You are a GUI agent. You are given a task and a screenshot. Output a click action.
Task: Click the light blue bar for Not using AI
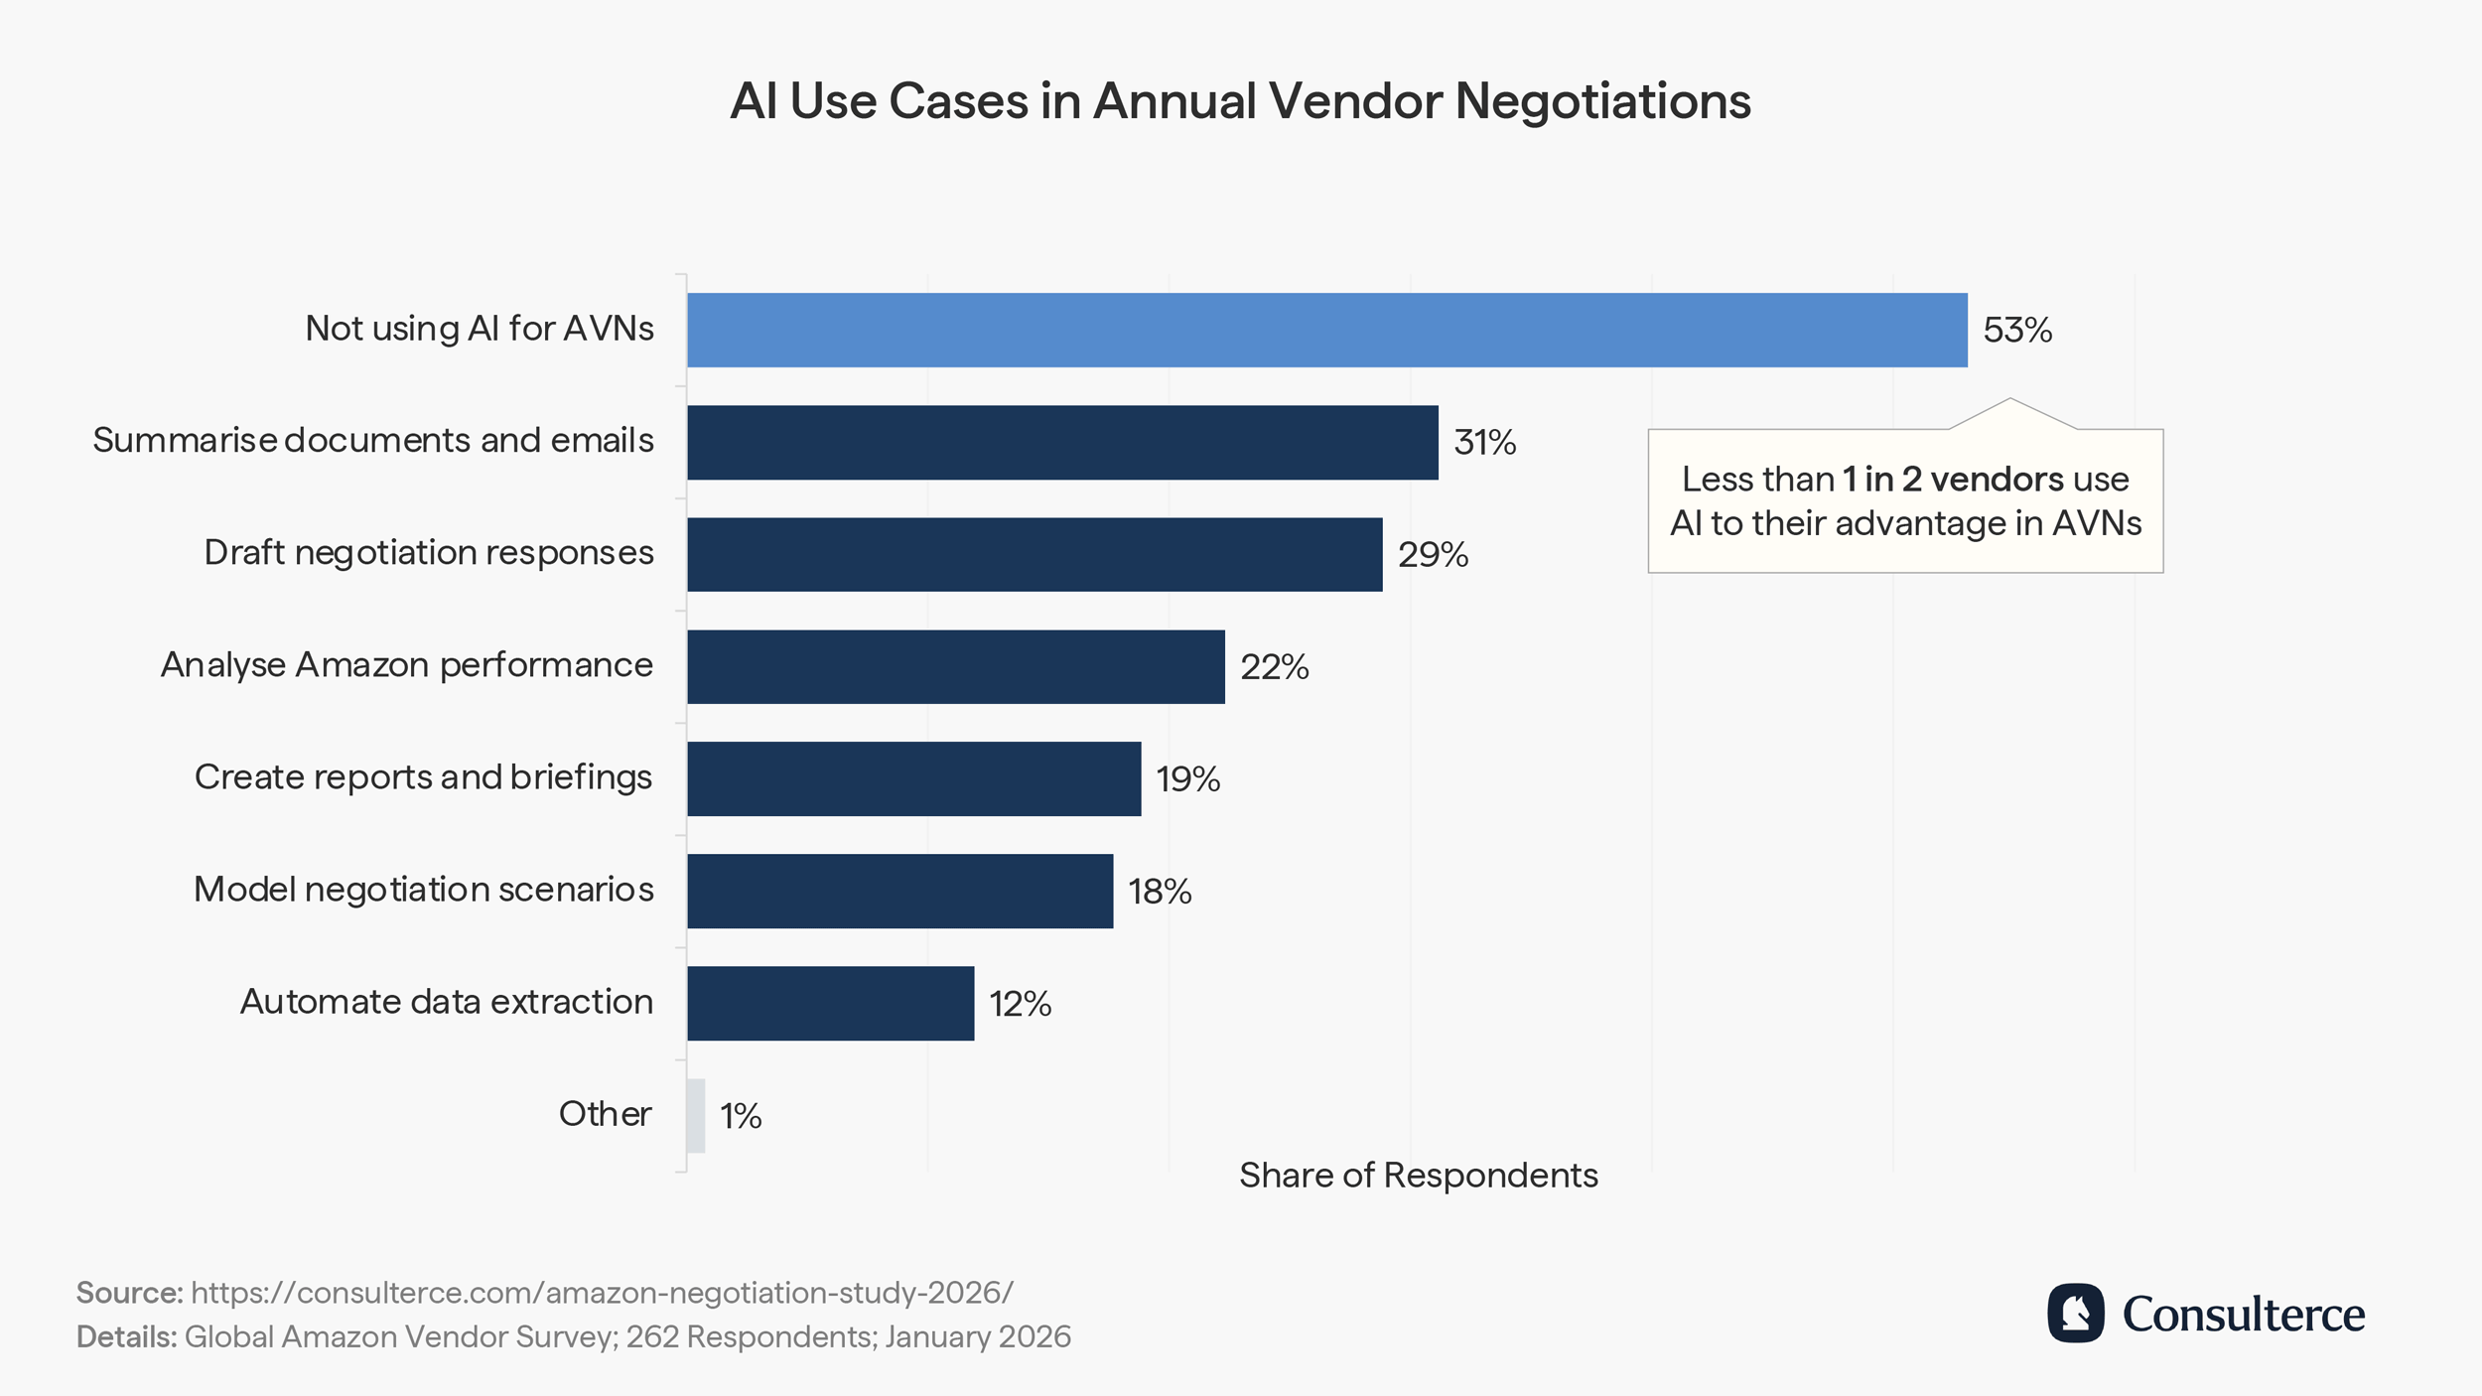(x=1326, y=330)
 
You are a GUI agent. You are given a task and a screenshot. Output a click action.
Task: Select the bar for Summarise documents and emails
(x=1062, y=442)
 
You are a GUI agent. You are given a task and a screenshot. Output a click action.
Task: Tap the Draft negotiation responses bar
(x=1034, y=554)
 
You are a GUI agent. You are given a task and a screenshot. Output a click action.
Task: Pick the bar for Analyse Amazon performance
(x=955, y=666)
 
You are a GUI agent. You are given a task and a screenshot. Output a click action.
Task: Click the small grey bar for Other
(x=696, y=1115)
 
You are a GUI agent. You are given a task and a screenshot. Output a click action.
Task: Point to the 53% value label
(x=2016, y=330)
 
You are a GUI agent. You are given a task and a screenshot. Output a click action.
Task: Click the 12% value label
(x=1020, y=1004)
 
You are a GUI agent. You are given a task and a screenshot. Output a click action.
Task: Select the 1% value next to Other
(x=741, y=1116)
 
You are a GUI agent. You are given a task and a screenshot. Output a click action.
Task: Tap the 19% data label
(x=1187, y=779)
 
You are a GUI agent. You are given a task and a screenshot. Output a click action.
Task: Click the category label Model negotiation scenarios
(x=423, y=890)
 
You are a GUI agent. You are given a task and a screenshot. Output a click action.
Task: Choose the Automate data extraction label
(x=446, y=1002)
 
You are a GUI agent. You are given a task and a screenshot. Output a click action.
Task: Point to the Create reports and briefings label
(x=423, y=777)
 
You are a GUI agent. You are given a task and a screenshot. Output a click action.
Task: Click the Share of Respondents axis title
(x=1418, y=1176)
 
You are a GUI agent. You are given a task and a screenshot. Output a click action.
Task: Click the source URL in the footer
(x=602, y=1293)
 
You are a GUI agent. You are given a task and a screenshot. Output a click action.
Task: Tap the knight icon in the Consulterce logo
(x=2075, y=1313)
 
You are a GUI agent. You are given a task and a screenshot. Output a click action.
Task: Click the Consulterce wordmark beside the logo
(x=2243, y=1315)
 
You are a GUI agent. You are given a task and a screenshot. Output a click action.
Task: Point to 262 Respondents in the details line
(x=750, y=1337)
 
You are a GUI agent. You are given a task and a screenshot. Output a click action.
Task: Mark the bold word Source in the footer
(x=129, y=1293)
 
